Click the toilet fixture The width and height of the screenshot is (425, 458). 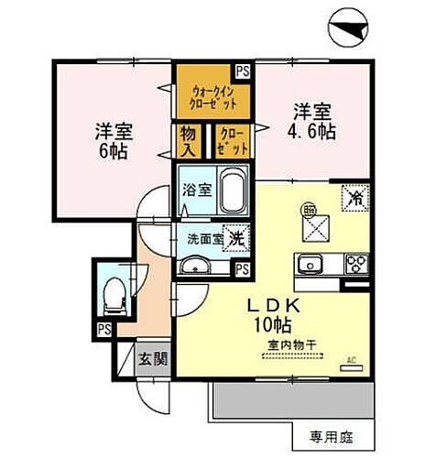114,293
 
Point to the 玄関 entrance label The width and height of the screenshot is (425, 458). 152,357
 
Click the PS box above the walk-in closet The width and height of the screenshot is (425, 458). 242,70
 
